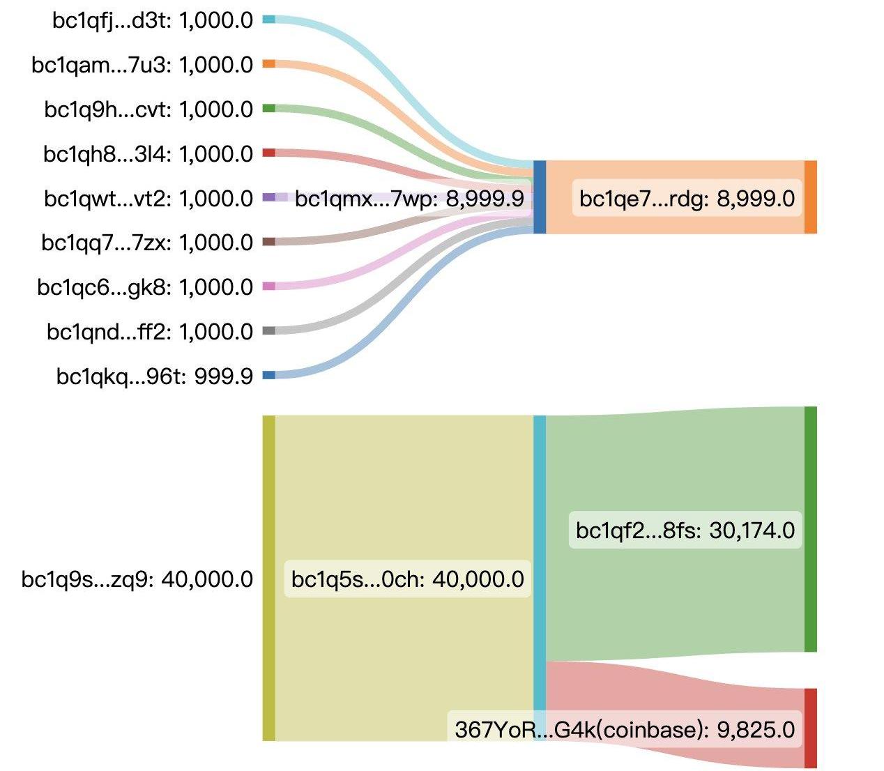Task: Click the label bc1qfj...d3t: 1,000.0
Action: pos(153,20)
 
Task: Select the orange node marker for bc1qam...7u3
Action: pos(268,64)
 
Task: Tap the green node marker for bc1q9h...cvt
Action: pos(268,109)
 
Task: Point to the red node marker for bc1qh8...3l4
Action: pos(268,153)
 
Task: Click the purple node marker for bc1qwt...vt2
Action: pos(268,197)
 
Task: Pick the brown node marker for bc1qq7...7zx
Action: pos(268,242)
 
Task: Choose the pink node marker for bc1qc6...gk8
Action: pos(268,286)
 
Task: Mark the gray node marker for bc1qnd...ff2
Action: pos(268,330)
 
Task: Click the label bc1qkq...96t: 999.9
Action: pos(155,376)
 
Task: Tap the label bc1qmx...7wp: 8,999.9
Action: pos(409,199)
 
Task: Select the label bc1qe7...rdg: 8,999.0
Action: pos(687,199)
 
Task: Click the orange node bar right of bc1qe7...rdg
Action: pos(810,197)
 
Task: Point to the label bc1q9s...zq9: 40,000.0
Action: pos(137,579)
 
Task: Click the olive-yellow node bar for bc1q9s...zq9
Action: pos(268,578)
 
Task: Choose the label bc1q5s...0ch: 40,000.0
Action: pos(408,579)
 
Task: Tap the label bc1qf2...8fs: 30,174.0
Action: pos(685,530)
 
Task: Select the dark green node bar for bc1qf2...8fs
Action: pos(810,529)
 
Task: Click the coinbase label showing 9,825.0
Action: pos(625,729)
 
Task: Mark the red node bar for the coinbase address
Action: pos(810,728)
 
